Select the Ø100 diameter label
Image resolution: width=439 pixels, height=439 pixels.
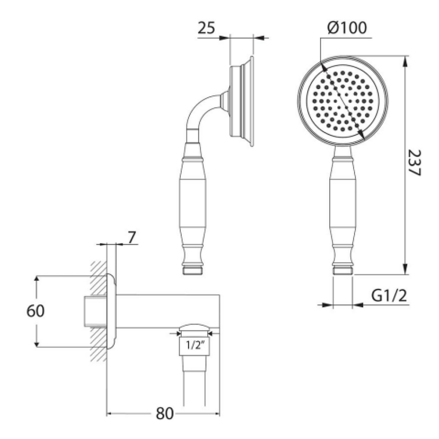[x=347, y=28]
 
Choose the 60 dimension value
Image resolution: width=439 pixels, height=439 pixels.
[x=36, y=311]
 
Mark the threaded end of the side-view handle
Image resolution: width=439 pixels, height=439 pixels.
[x=192, y=271]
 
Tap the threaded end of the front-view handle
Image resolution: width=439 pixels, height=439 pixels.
[x=343, y=271]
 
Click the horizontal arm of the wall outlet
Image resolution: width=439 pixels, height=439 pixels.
[x=167, y=311]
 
